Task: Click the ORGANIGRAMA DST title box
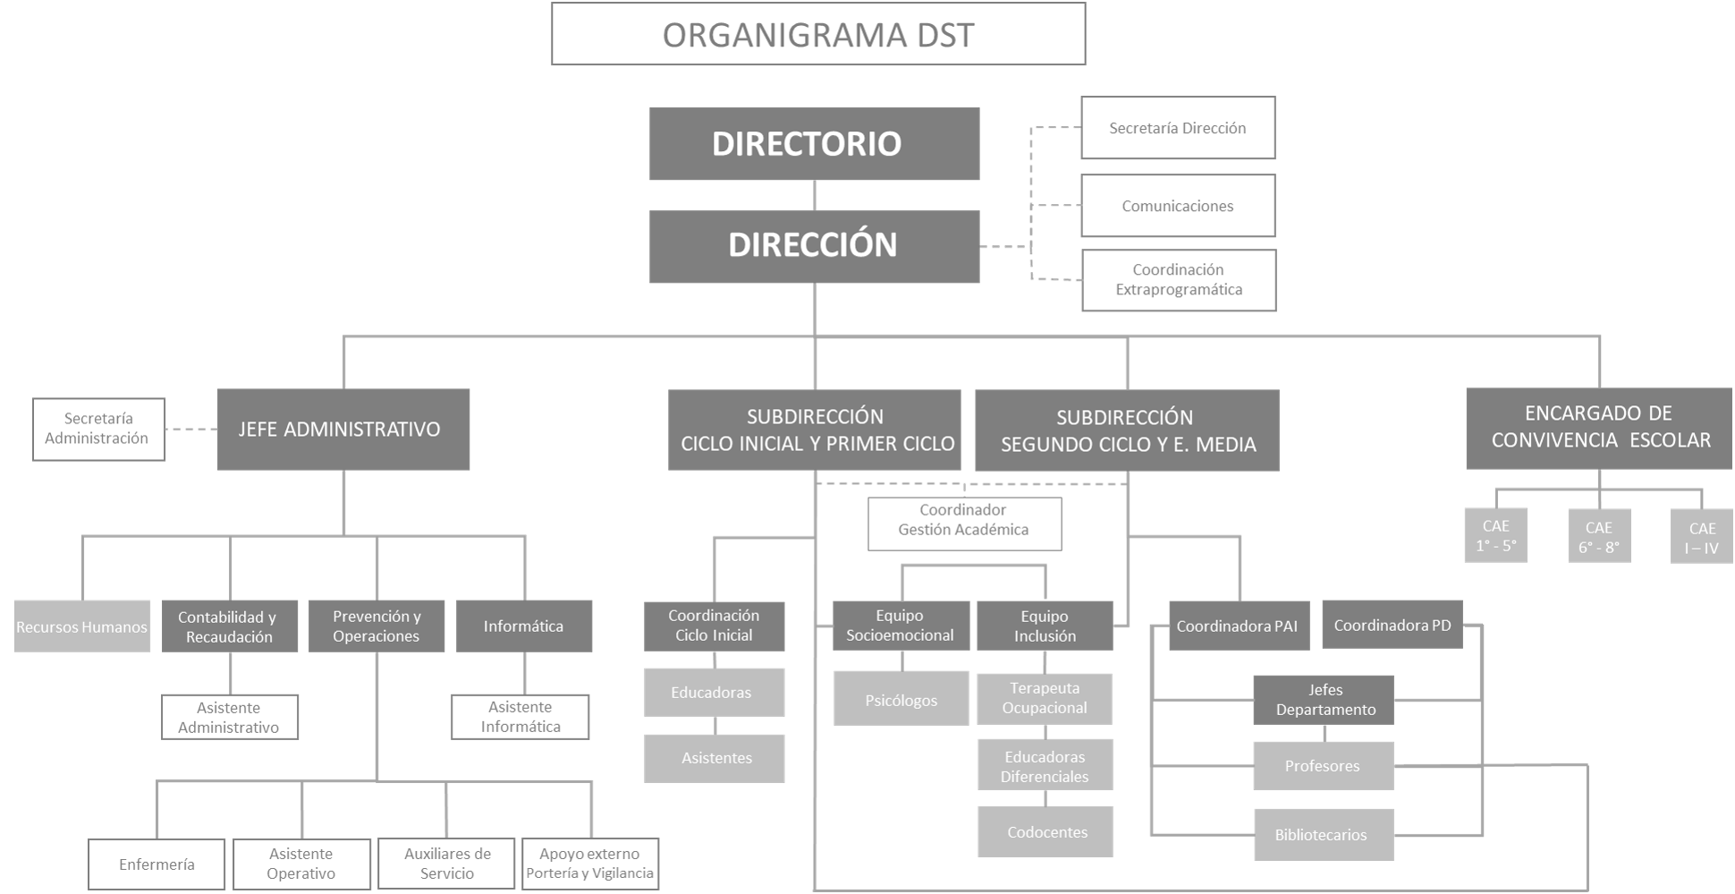pyautogui.click(x=817, y=34)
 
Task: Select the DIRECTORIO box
pyautogui.click(x=814, y=144)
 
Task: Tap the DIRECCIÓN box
pyautogui.click(x=814, y=246)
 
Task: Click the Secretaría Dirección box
pyautogui.click(x=1177, y=128)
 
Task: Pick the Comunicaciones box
pyautogui.click(x=1177, y=206)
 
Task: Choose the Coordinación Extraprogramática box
pyautogui.click(x=1178, y=280)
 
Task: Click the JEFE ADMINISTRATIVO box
pyautogui.click(x=343, y=430)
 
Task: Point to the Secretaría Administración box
pyautogui.click(x=98, y=429)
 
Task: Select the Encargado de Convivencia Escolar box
pyautogui.click(x=1599, y=428)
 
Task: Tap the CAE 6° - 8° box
pyautogui.click(x=1598, y=536)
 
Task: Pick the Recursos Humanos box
pyautogui.click(x=81, y=626)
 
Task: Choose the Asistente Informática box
pyautogui.click(x=520, y=717)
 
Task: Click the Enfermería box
pyautogui.click(x=156, y=864)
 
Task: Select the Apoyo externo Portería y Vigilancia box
pyautogui.click(x=589, y=864)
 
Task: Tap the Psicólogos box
pyautogui.click(x=901, y=699)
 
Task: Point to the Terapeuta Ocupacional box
pyautogui.click(x=1045, y=698)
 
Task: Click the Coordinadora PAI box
pyautogui.click(x=1238, y=626)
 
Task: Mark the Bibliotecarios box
pyautogui.click(x=1322, y=834)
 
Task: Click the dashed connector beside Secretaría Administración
pyautogui.click(x=191, y=430)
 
